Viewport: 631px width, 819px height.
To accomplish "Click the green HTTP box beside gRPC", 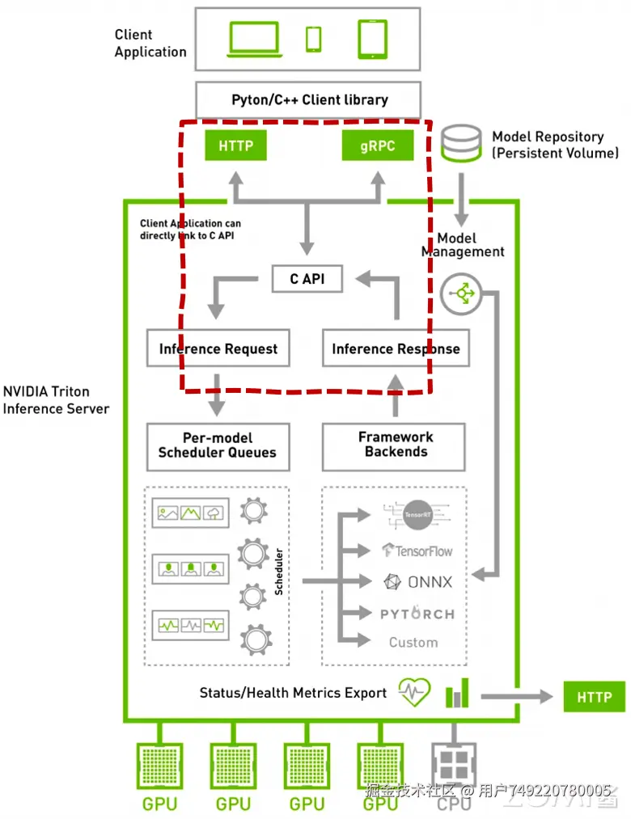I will [235, 146].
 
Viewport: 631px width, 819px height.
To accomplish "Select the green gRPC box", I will [378, 146].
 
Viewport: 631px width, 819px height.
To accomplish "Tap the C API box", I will [307, 279].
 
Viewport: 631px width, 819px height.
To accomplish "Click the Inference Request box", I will [218, 348].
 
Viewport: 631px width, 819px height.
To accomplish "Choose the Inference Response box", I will [396, 348].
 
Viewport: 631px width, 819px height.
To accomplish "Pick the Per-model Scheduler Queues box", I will [218, 445].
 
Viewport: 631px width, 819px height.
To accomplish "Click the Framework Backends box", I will [395, 445].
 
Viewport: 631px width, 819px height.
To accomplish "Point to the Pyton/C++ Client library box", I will [309, 100].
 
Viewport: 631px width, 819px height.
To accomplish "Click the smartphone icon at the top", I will [313, 38].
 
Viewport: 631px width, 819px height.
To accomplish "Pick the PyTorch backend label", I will [417, 614].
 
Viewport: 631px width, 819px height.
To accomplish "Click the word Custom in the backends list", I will [413, 643].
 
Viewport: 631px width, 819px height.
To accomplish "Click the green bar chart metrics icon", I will [457, 693].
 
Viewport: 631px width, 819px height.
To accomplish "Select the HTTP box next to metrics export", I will [595, 697].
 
